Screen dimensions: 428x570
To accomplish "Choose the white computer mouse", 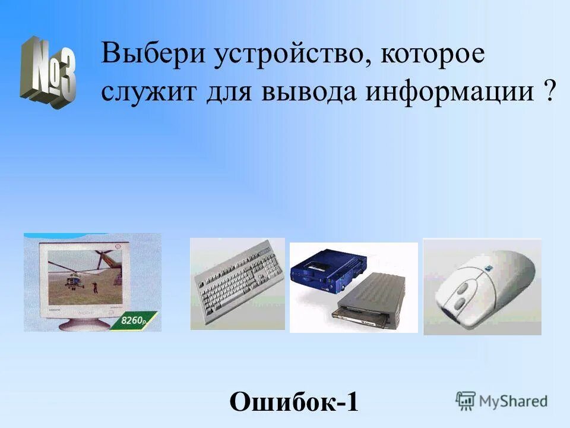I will pyautogui.click(x=482, y=285).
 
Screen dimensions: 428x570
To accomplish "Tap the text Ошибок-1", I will pyautogui.click(x=294, y=402).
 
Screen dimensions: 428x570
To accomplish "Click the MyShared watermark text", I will pyautogui.click(x=514, y=401).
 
